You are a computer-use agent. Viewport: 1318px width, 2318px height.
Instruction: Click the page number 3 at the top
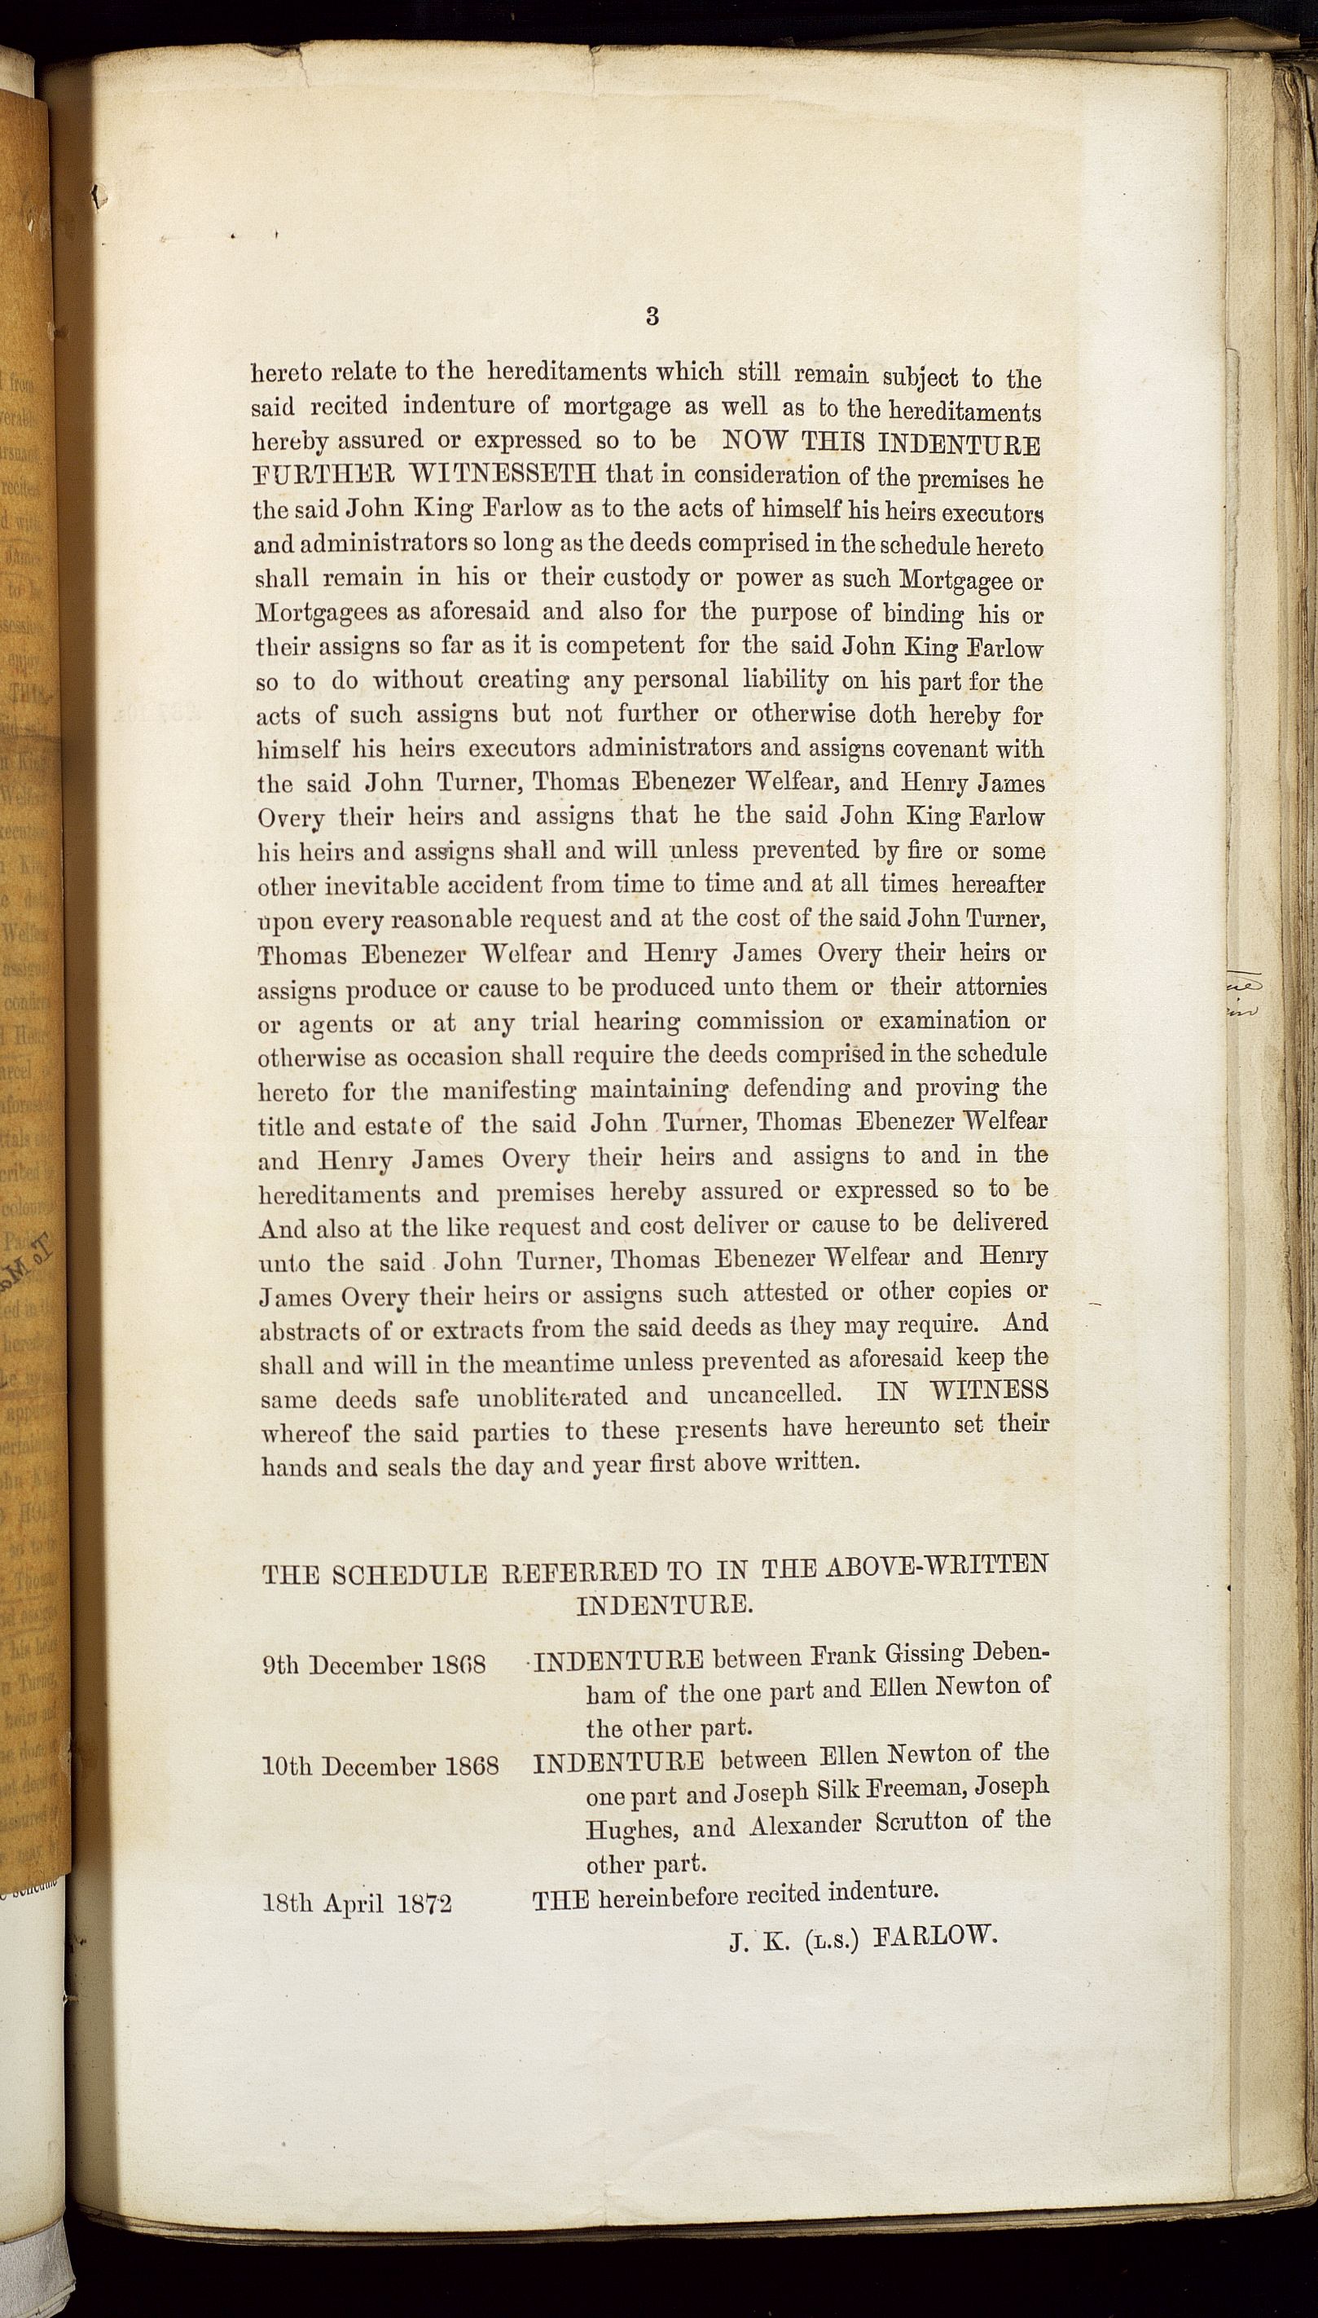click(652, 316)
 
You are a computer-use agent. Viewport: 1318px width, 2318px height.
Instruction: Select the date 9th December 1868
click(374, 1665)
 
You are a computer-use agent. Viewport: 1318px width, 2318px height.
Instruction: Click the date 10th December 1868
click(380, 1766)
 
